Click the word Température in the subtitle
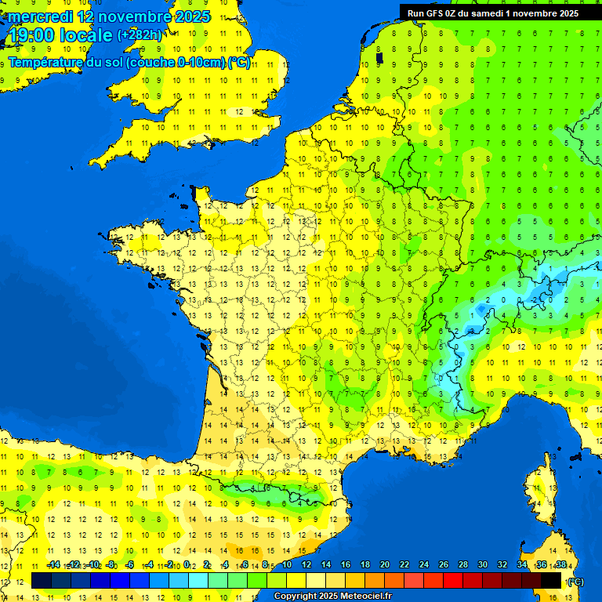tap(46, 63)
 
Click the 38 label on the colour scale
tap(561, 564)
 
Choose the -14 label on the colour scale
tap(54, 564)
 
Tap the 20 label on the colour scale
tap(385, 564)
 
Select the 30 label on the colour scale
tap(483, 564)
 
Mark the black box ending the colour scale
tap(551, 581)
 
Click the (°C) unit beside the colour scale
tap(575, 581)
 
